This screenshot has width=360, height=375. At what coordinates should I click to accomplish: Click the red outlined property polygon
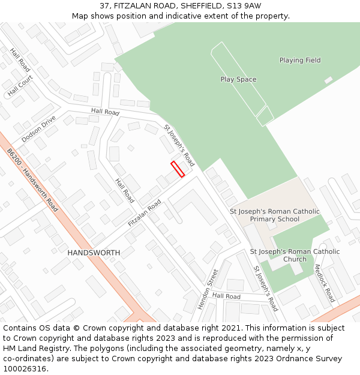click(177, 169)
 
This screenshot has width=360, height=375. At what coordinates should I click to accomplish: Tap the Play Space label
click(238, 79)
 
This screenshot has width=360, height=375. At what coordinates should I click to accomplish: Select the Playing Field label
click(300, 60)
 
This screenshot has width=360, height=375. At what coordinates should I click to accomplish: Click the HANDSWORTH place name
click(94, 253)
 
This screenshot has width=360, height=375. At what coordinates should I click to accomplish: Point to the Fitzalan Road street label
click(145, 214)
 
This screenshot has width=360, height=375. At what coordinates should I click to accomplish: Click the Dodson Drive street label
click(38, 129)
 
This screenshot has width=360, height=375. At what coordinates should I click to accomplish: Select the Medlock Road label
click(325, 283)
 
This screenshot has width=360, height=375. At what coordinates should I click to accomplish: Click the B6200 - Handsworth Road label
click(33, 180)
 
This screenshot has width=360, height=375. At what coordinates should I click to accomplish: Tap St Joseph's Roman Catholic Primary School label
click(275, 215)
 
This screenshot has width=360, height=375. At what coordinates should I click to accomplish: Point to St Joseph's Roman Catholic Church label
click(295, 256)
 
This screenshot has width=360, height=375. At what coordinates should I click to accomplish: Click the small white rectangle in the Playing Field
click(328, 80)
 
